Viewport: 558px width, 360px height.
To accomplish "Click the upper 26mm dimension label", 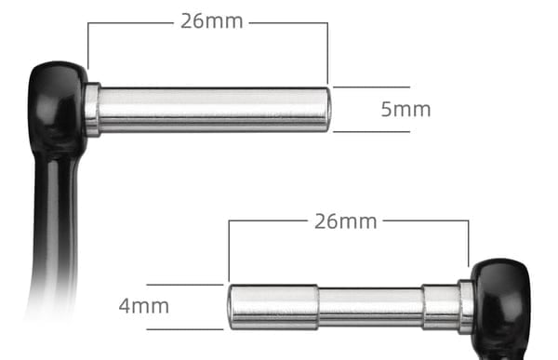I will (212, 21).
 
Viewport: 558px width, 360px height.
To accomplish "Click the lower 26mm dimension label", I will (346, 221).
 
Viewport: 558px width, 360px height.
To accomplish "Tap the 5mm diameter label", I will (405, 110).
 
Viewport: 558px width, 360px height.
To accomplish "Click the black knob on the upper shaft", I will (57, 102).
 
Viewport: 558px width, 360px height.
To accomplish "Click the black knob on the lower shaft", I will (501, 297).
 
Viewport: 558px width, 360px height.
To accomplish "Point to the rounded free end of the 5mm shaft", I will (325, 110).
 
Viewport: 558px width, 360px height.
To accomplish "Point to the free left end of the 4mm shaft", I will (232, 307).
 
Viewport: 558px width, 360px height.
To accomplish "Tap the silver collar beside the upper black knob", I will (92, 110).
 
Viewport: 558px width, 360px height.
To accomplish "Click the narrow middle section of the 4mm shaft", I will (370, 308).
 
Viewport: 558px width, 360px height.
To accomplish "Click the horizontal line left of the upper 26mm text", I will (130, 22).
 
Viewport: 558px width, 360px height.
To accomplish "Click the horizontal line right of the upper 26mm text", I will (288, 22).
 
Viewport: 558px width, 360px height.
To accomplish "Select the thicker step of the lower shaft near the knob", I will (441, 307).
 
